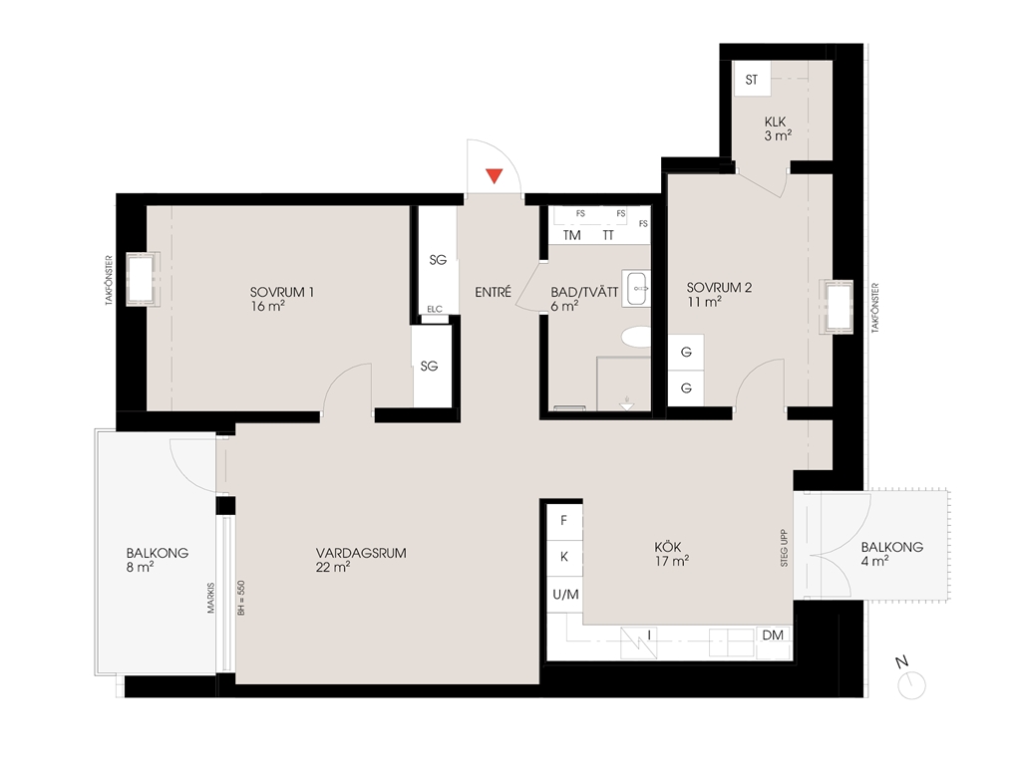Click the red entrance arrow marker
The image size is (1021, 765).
[x=495, y=175]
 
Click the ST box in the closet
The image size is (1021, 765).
[x=752, y=80]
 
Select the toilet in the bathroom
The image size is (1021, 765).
[x=636, y=337]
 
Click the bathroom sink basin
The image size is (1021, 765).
[x=637, y=288]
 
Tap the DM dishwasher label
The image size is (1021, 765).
[x=773, y=635]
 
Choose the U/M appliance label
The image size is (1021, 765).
[x=565, y=595]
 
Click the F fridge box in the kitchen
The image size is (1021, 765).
[x=564, y=521]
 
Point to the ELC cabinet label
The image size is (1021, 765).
[x=435, y=309]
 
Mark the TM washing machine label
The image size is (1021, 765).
[x=571, y=235]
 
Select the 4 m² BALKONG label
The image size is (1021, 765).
[x=891, y=554]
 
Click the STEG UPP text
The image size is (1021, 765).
[x=784, y=548]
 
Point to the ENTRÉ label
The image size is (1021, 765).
[x=493, y=293]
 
